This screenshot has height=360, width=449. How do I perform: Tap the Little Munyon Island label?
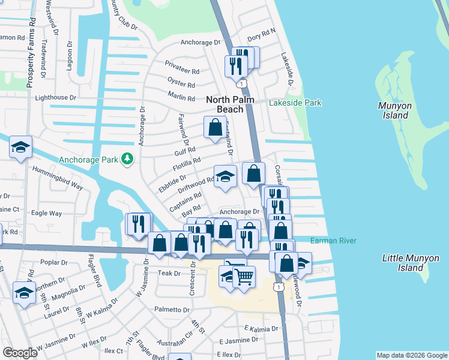pyautogui.click(x=411, y=263)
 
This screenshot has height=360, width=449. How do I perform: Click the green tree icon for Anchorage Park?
pyautogui.click(x=127, y=159)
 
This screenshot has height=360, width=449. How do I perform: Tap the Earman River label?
pyautogui.click(x=334, y=241)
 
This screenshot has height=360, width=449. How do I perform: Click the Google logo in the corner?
pyautogui.click(x=20, y=353)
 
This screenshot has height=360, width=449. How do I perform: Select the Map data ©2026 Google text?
pyautogui.click(x=411, y=355)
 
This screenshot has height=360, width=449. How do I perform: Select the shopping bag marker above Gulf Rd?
pyautogui.click(x=215, y=127)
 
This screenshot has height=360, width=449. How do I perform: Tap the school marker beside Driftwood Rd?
pyautogui.click(x=225, y=177)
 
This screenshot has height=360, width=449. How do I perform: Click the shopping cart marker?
pyautogui.click(x=244, y=277)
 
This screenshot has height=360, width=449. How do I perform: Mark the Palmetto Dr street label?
pyautogui.click(x=172, y=310)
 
